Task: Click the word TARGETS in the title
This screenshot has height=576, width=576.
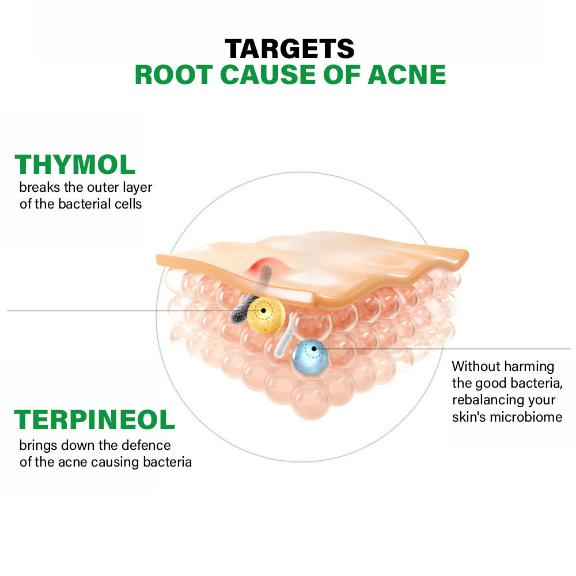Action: (290, 49)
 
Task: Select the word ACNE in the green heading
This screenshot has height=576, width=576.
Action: (407, 75)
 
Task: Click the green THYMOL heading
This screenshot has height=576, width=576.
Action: (75, 164)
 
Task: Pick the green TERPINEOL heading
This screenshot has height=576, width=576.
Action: (94, 419)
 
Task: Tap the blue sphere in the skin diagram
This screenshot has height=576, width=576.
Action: (310, 357)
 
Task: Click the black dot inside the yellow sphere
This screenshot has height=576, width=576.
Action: (263, 311)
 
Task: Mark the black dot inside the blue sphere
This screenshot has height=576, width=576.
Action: (314, 348)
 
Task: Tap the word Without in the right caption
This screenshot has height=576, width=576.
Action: (476, 366)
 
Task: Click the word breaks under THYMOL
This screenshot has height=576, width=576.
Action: (40, 187)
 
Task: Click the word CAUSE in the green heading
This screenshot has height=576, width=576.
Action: (268, 75)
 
